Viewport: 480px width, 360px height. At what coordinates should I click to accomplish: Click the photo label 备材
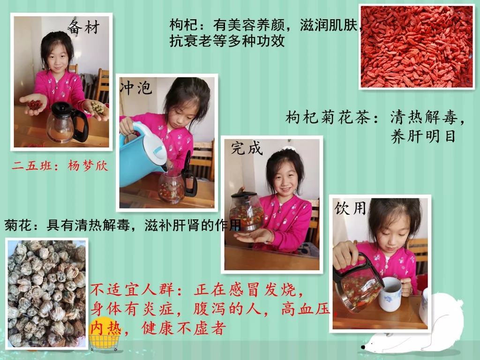(83, 28)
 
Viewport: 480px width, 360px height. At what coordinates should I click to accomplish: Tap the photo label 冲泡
(136, 88)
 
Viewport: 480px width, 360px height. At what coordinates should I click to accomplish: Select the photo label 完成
(247, 148)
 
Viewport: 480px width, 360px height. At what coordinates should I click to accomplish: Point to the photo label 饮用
(350, 208)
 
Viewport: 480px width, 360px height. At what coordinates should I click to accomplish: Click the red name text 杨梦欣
(88, 165)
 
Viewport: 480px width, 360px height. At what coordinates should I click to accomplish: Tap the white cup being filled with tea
(390, 294)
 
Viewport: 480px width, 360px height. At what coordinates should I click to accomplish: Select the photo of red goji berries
(417, 47)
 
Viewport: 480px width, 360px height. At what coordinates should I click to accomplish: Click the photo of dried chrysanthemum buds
(46, 293)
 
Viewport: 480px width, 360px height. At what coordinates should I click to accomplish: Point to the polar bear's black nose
(363, 347)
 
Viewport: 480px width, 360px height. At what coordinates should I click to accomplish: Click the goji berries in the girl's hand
(35, 105)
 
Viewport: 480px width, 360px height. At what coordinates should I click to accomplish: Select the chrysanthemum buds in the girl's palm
(97, 107)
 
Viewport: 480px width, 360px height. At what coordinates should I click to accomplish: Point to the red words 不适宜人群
(132, 290)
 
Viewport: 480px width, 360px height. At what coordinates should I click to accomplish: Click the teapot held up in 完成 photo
(246, 211)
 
